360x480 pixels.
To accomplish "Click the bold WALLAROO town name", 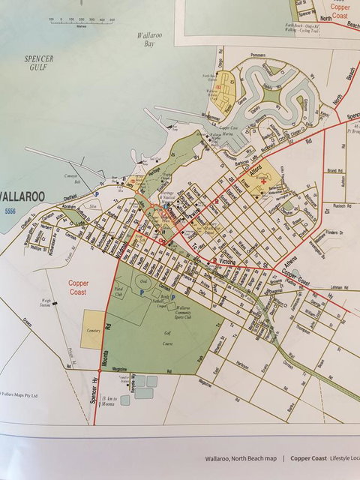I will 22,196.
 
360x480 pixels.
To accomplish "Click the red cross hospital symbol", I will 263,181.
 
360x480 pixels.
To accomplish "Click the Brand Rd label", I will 334,171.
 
